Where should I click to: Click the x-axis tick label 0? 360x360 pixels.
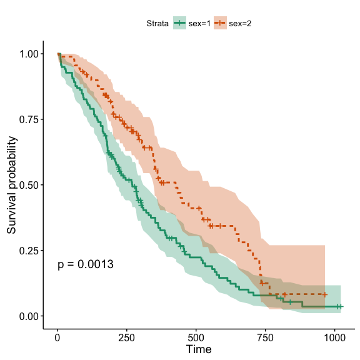tap(57, 338)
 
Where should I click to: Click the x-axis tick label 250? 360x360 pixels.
tap(126, 338)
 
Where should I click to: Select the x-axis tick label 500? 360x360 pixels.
tap(196, 338)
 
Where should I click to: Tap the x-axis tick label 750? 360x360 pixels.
tap(265, 338)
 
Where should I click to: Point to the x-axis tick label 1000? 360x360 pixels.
tap(334, 338)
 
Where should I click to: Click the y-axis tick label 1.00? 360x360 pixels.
tap(29, 54)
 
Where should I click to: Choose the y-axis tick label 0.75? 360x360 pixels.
tap(29, 119)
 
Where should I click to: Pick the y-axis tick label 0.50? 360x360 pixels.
tap(29, 185)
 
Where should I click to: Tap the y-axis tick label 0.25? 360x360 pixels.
tap(29, 251)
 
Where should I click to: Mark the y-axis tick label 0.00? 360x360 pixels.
tap(29, 316)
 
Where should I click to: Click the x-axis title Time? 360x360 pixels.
tap(199, 349)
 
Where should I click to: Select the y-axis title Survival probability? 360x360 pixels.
tap(11, 185)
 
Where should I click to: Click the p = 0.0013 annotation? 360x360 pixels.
tap(86, 264)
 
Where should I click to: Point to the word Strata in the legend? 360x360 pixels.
tap(157, 23)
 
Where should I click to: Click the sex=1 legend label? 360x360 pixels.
tap(199, 23)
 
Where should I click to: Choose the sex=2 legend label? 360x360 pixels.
tap(240, 23)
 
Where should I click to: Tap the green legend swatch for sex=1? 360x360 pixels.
tap(179, 23)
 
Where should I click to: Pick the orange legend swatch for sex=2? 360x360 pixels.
tap(220, 23)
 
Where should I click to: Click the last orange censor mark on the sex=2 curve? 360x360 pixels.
tap(324, 294)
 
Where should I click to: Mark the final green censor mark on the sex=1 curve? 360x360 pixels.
tap(341, 306)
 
